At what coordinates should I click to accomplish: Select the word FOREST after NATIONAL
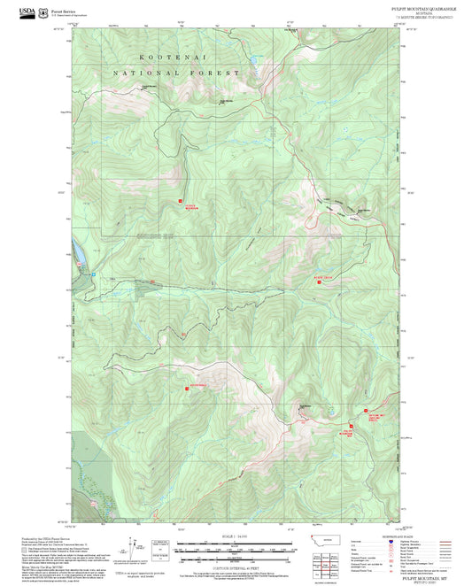(x=213, y=73)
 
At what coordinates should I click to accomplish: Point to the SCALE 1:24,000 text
(x=235, y=536)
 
